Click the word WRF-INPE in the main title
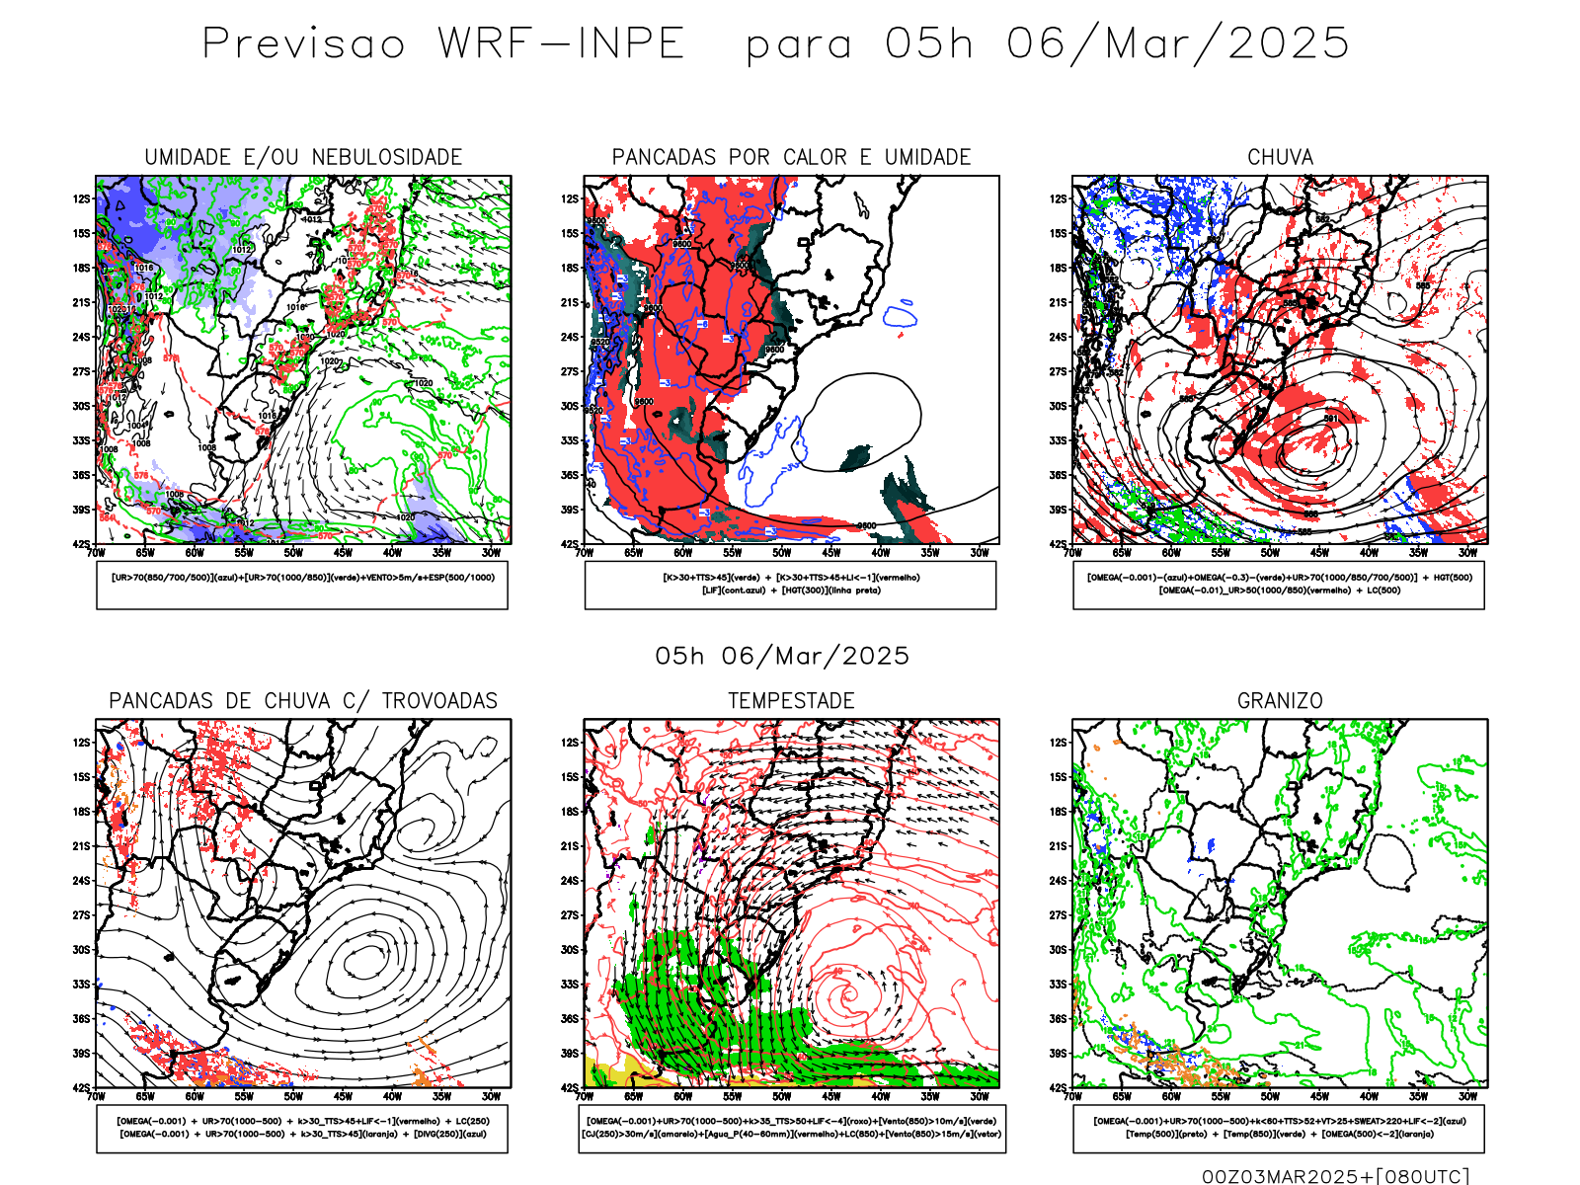(x=561, y=44)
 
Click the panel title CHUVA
(x=1280, y=157)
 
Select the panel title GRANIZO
(x=1280, y=700)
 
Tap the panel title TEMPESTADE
(x=791, y=700)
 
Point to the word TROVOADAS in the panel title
(x=439, y=700)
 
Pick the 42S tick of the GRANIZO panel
(x=1059, y=1087)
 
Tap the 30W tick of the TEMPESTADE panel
(x=979, y=1096)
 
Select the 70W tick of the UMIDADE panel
(x=96, y=553)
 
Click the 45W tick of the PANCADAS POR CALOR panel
(x=830, y=553)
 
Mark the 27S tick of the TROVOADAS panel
(x=81, y=914)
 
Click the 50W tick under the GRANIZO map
(x=1270, y=1096)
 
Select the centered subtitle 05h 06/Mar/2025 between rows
(x=782, y=656)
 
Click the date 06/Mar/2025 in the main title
(x=1177, y=44)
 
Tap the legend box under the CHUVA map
(x=1279, y=585)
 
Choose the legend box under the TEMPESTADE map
(x=792, y=1128)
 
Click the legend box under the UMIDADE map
(x=302, y=585)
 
